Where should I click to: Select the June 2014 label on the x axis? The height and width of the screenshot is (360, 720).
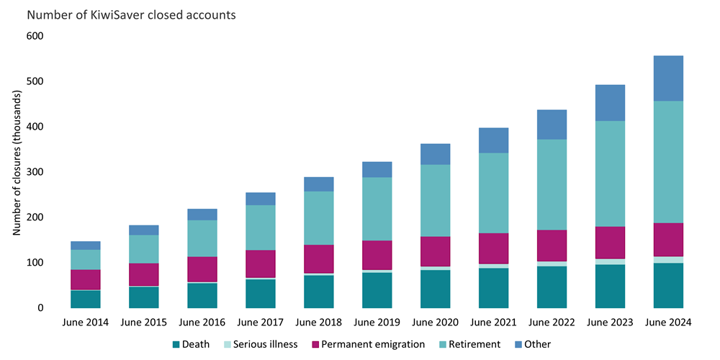[85, 323]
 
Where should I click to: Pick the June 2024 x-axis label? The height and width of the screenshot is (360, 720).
[667, 323]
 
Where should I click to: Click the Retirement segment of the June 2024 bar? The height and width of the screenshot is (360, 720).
[667, 162]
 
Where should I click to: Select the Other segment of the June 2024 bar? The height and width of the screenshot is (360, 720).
[667, 78]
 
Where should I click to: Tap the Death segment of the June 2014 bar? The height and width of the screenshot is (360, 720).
[85, 299]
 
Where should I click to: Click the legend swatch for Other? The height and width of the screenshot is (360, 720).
[518, 344]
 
